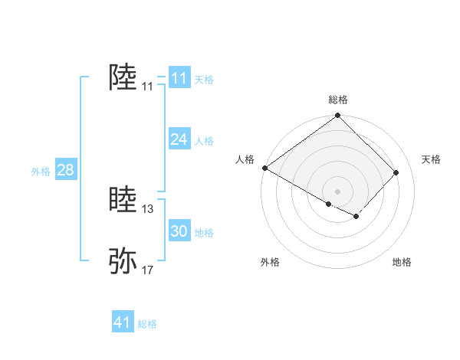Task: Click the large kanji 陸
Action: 123,77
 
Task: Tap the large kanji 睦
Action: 123,200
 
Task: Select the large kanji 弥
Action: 123,261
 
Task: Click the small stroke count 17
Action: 148,270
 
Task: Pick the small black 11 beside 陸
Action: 147,87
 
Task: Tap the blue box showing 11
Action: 179,78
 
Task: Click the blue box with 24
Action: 179,139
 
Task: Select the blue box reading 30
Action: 179,231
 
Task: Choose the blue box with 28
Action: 65,170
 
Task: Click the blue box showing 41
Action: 123,322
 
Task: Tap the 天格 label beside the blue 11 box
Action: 204,80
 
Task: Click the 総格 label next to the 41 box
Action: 147,324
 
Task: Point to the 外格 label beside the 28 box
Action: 41,172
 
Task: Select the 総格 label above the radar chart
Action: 338,100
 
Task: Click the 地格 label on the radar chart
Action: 402,263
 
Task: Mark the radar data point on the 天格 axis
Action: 396,172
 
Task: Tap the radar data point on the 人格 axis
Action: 264,168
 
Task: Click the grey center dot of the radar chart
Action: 337,191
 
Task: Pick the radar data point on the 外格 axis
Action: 329,205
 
